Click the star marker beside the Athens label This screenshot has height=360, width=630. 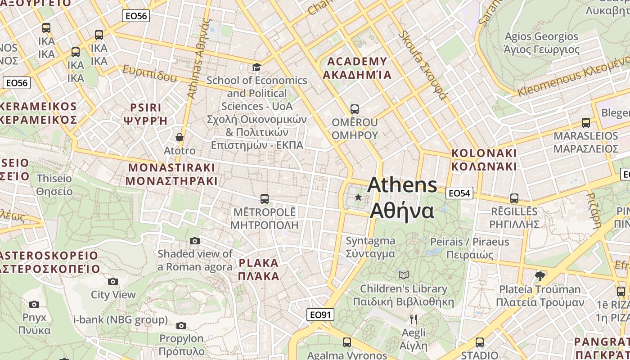tap(358, 197)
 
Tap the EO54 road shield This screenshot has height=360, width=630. tap(459, 193)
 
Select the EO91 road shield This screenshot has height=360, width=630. tap(320, 315)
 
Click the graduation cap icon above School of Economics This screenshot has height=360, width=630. tap(256, 67)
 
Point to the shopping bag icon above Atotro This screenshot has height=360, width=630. tap(180, 137)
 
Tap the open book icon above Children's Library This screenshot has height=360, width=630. tap(404, 275)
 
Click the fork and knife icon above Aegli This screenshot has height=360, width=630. tap(414, 319)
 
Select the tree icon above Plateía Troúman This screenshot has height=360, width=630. tap(540, 276)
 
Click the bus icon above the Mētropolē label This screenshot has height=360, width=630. tap(265, 198)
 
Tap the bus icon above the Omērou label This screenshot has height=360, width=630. tap(355, 109)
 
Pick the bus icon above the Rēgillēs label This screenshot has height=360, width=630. tap(514, 198)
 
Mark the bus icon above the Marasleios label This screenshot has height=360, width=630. tap(586, 122)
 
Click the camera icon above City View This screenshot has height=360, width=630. tap(113, 282)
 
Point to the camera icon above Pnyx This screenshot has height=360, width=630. tap(34, 305)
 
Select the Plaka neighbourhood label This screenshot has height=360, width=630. tap(259, 269)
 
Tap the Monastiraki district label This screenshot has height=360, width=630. tap(171, 174)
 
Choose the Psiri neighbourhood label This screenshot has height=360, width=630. tap(145, 114)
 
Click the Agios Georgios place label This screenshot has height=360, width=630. tap(541, 43)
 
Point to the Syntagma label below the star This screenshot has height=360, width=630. tap(370, 247)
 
